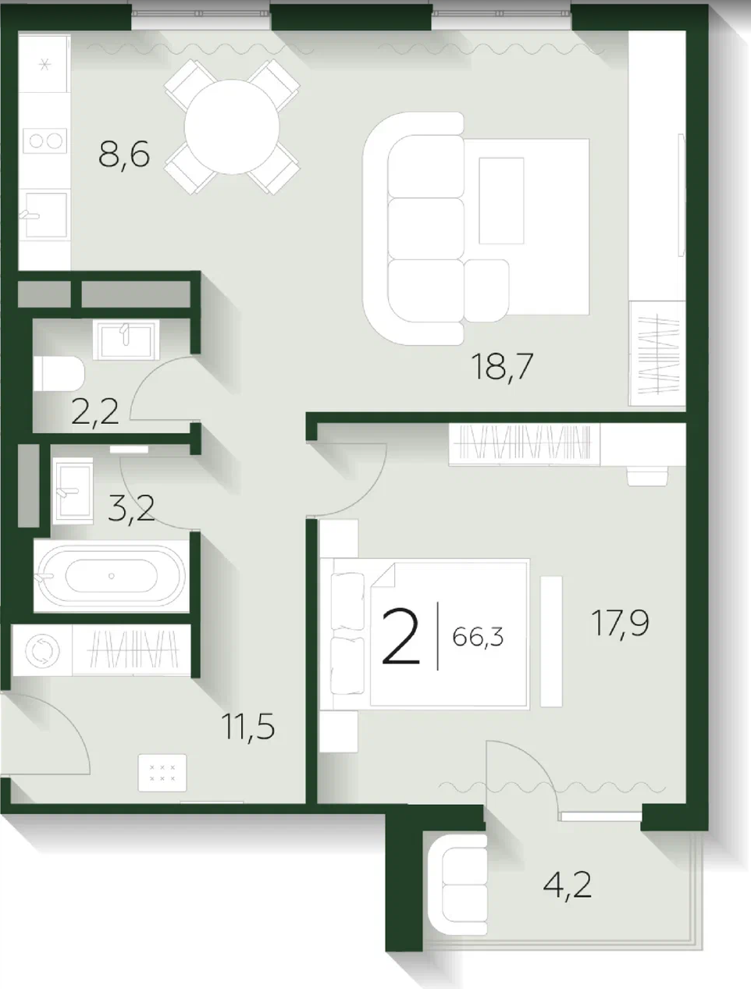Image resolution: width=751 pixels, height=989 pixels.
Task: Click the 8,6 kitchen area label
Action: tap(124, 155)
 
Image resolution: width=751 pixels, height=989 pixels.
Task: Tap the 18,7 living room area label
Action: tap(502, 368)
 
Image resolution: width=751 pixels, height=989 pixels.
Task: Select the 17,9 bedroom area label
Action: tap(621, 624)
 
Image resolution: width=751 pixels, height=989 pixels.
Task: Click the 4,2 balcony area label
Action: tap(568, 885)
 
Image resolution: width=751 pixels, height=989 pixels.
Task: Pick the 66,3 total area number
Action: tap(478, 637)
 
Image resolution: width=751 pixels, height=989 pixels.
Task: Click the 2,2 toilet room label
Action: tap(95, 412)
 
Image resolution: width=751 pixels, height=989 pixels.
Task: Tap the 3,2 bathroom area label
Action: tap(132, 509)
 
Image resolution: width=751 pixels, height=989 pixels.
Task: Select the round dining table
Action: tap(232, 127)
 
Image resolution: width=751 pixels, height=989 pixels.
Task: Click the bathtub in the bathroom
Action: tap(112, 575)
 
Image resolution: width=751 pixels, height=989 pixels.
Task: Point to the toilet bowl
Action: tap(59, 374)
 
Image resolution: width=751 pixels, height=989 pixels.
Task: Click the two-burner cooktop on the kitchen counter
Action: tap(45, 141)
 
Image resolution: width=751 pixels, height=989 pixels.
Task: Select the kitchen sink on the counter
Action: tap(45, 215)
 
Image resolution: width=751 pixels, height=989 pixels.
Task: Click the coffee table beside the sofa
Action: tap(501, 201)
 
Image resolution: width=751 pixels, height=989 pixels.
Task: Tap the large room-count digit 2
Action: tap(400, 636)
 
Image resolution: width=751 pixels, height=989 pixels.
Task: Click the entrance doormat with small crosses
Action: tap(162, 773)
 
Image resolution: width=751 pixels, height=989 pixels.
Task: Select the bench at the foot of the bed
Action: tap(551, 641)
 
